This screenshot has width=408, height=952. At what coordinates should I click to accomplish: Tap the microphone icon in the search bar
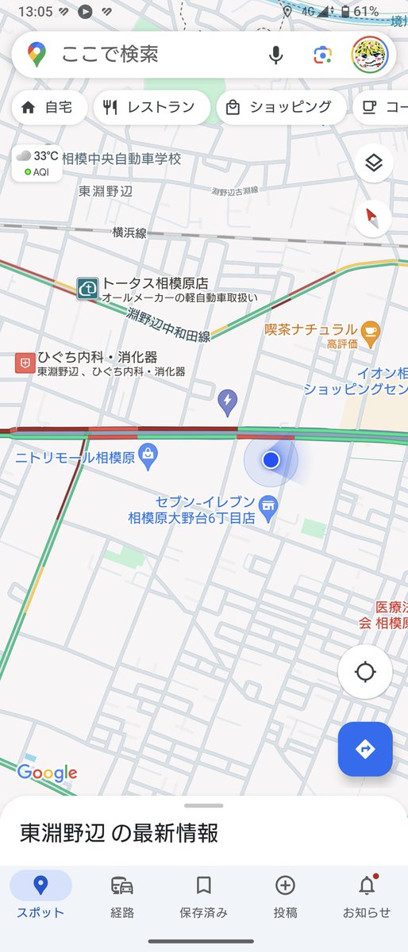click(276, 55)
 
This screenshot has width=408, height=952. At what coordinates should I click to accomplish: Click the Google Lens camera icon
click(321, 55)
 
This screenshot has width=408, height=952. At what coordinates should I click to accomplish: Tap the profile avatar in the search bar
click(369, 55)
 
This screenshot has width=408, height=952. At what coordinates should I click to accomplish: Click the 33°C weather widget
click(37, 163)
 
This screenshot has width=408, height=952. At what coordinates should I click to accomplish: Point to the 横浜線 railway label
click(129, 232)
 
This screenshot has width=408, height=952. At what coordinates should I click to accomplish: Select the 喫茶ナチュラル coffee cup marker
click(370, 329)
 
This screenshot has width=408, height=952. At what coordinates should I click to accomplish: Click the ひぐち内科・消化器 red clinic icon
click(24, 363)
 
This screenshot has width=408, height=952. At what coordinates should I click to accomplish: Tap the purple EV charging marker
click(228, 402)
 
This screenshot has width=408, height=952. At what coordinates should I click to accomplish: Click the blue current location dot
click(271, 459)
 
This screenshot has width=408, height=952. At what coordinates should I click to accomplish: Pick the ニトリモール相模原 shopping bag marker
click(147, 455)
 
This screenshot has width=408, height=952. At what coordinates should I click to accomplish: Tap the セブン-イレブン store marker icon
click(269, 504)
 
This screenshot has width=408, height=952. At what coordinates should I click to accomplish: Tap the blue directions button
click(365, 749)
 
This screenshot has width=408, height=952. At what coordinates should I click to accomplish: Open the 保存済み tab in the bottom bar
click(204, 896)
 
